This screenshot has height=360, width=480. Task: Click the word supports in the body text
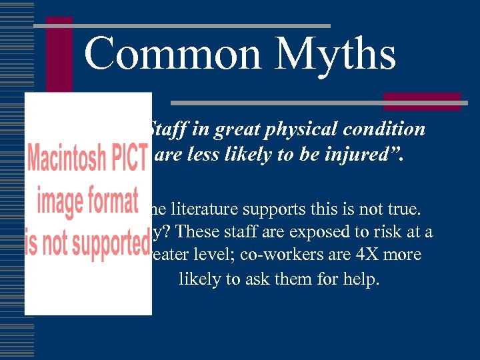point(286,211)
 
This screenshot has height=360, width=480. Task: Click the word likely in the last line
point(199,279)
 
